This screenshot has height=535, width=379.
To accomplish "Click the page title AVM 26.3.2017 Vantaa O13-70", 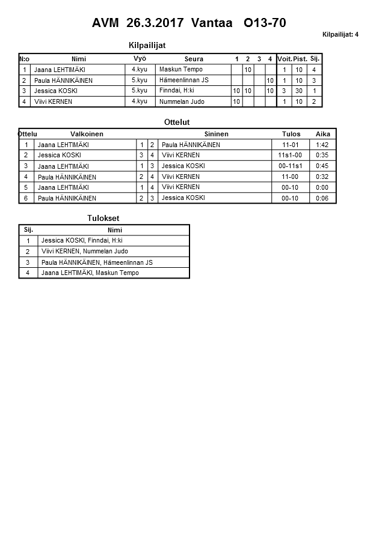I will (189, 23).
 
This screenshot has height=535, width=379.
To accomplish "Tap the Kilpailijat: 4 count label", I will (340, 34).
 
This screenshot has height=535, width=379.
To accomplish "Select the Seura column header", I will (194, 59).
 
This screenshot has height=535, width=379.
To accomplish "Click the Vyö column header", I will (140, 58).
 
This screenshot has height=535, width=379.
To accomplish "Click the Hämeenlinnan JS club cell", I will (183, 80).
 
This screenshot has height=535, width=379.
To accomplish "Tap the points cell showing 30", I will (300, 91).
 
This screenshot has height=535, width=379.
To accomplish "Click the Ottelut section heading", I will (177, 122).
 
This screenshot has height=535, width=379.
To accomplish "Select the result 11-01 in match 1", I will (290, 145).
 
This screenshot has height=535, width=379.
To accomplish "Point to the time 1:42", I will (322, 145).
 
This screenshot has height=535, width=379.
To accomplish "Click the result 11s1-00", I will (290, 156).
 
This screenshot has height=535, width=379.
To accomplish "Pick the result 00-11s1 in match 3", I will (290, 166).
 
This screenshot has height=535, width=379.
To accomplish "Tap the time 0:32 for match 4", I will (322, 177).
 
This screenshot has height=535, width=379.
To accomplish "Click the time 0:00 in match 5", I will (322, 187).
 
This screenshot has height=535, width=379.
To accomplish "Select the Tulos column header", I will (291, 134).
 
